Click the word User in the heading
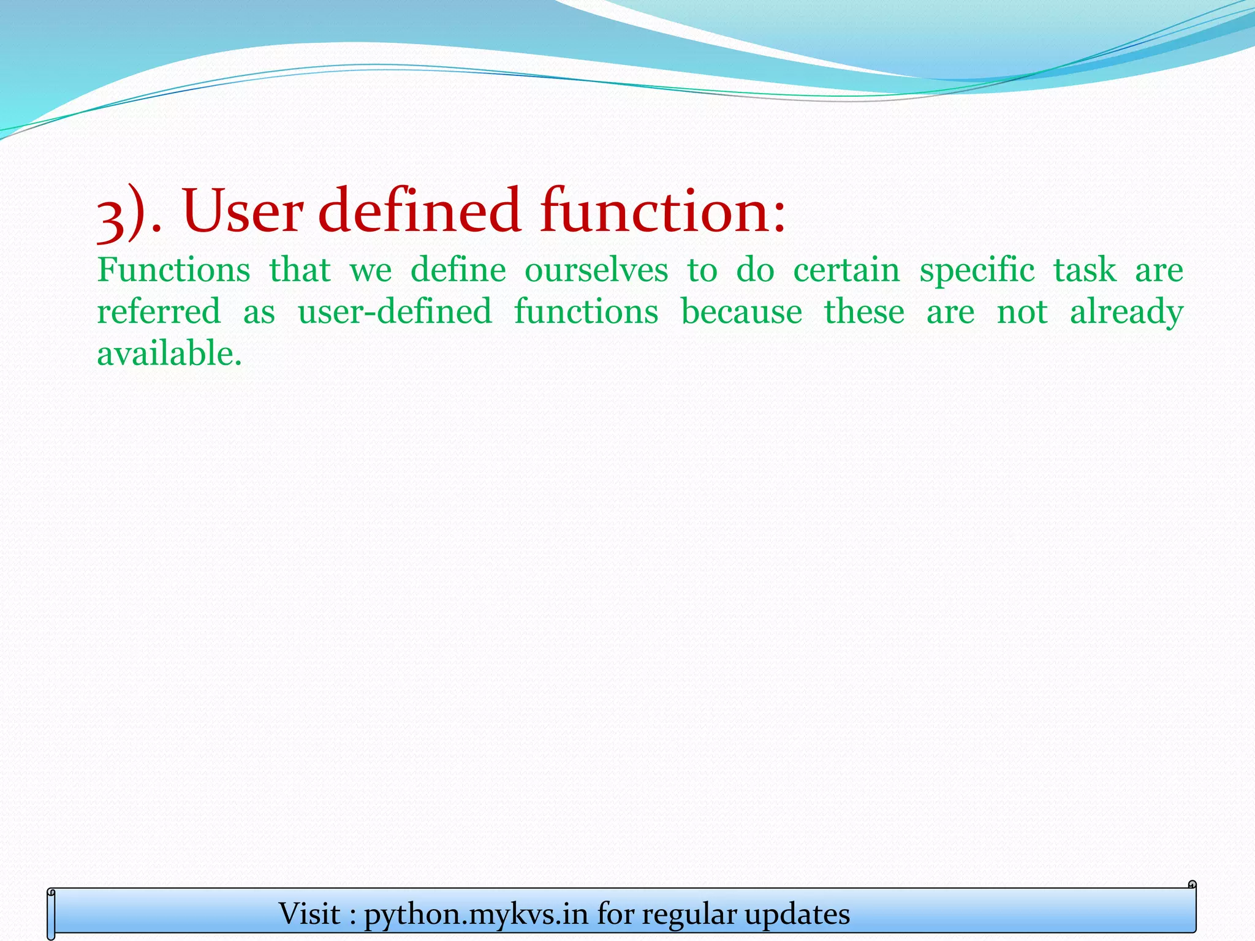click(241, 211)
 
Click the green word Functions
click(173, 270)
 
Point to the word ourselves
click(596, 270)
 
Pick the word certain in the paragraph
click(846, 270)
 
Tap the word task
click(1085, 270)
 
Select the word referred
click(159, 311)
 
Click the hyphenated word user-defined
click(395, 311)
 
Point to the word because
click(741, 311)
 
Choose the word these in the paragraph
click(863, 311)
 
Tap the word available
click(169, 353)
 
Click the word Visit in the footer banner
click(309, 914)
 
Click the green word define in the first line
click(458, 270)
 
